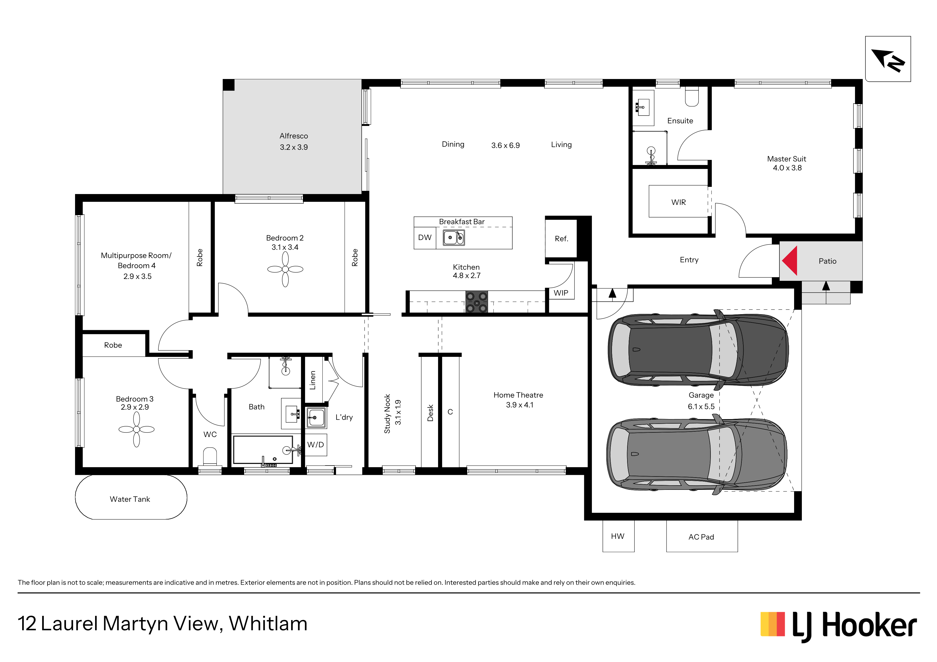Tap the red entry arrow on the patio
(790, 261)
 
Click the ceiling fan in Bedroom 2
(285, 269)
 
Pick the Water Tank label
(130, 499)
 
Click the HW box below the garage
(618, 536)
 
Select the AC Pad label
(701, 537)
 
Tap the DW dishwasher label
(425, 237)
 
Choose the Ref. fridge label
(561, 239)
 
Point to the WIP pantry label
(561, 293)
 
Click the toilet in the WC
(210, 457)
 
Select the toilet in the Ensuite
(692, 97)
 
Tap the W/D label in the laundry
(315, 445)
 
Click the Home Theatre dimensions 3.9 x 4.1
(520, 405)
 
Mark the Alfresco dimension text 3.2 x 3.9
(294, 147)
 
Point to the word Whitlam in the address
(268, 624)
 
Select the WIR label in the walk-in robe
(679, 202)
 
